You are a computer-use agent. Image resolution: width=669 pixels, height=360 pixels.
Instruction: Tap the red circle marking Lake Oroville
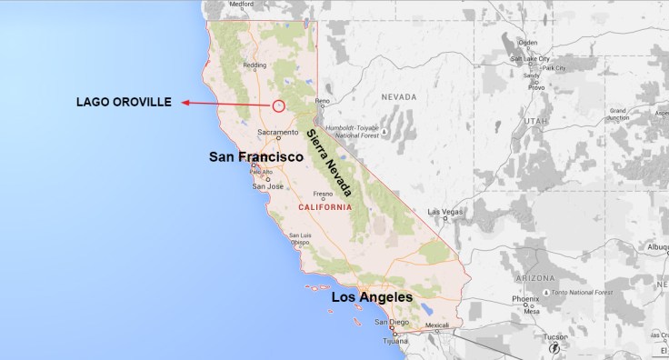click(279, 106)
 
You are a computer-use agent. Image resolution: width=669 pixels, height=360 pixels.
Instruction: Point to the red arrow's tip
click(183, 103)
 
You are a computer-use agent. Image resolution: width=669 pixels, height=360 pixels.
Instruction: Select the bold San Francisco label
click(255, 157)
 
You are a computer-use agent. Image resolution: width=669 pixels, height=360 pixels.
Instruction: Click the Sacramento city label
click(277, 133)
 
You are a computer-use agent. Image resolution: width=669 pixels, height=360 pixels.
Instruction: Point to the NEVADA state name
click(400, 96)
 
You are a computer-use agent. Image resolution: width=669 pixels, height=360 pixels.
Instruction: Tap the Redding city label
click(254, 65)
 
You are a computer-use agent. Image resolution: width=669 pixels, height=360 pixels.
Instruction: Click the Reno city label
click(322, 101)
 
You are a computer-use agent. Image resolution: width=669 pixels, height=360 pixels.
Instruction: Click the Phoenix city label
click(525, 299)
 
